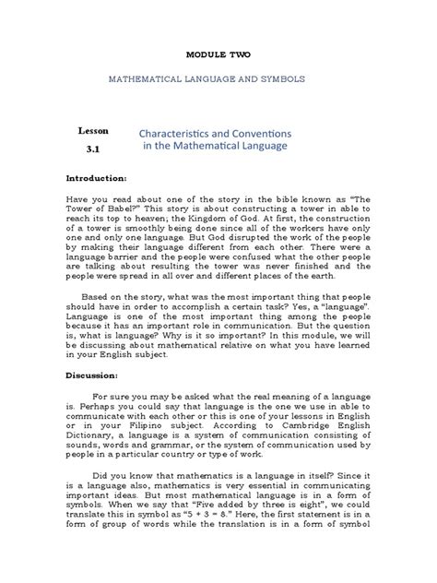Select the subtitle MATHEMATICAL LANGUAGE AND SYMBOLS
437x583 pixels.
coord(218,80)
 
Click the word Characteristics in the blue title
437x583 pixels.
coord(183,132)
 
